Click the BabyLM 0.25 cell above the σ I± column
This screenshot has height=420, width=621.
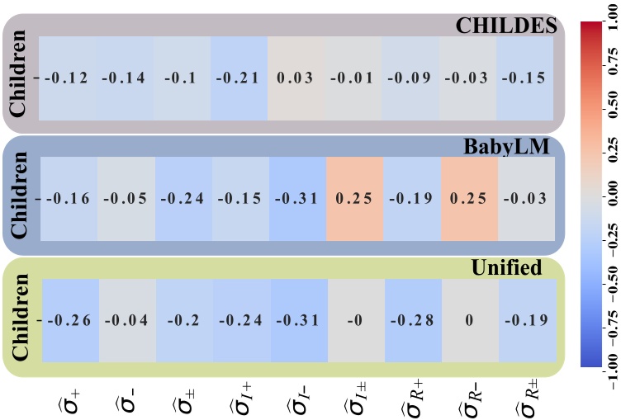click(x=353, y=199)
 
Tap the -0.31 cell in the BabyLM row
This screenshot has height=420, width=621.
click(x=296, y=199)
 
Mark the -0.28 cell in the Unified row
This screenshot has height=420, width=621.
click(x=410, y=320)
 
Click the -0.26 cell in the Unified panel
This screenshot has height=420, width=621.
click(x=69, y=320)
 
